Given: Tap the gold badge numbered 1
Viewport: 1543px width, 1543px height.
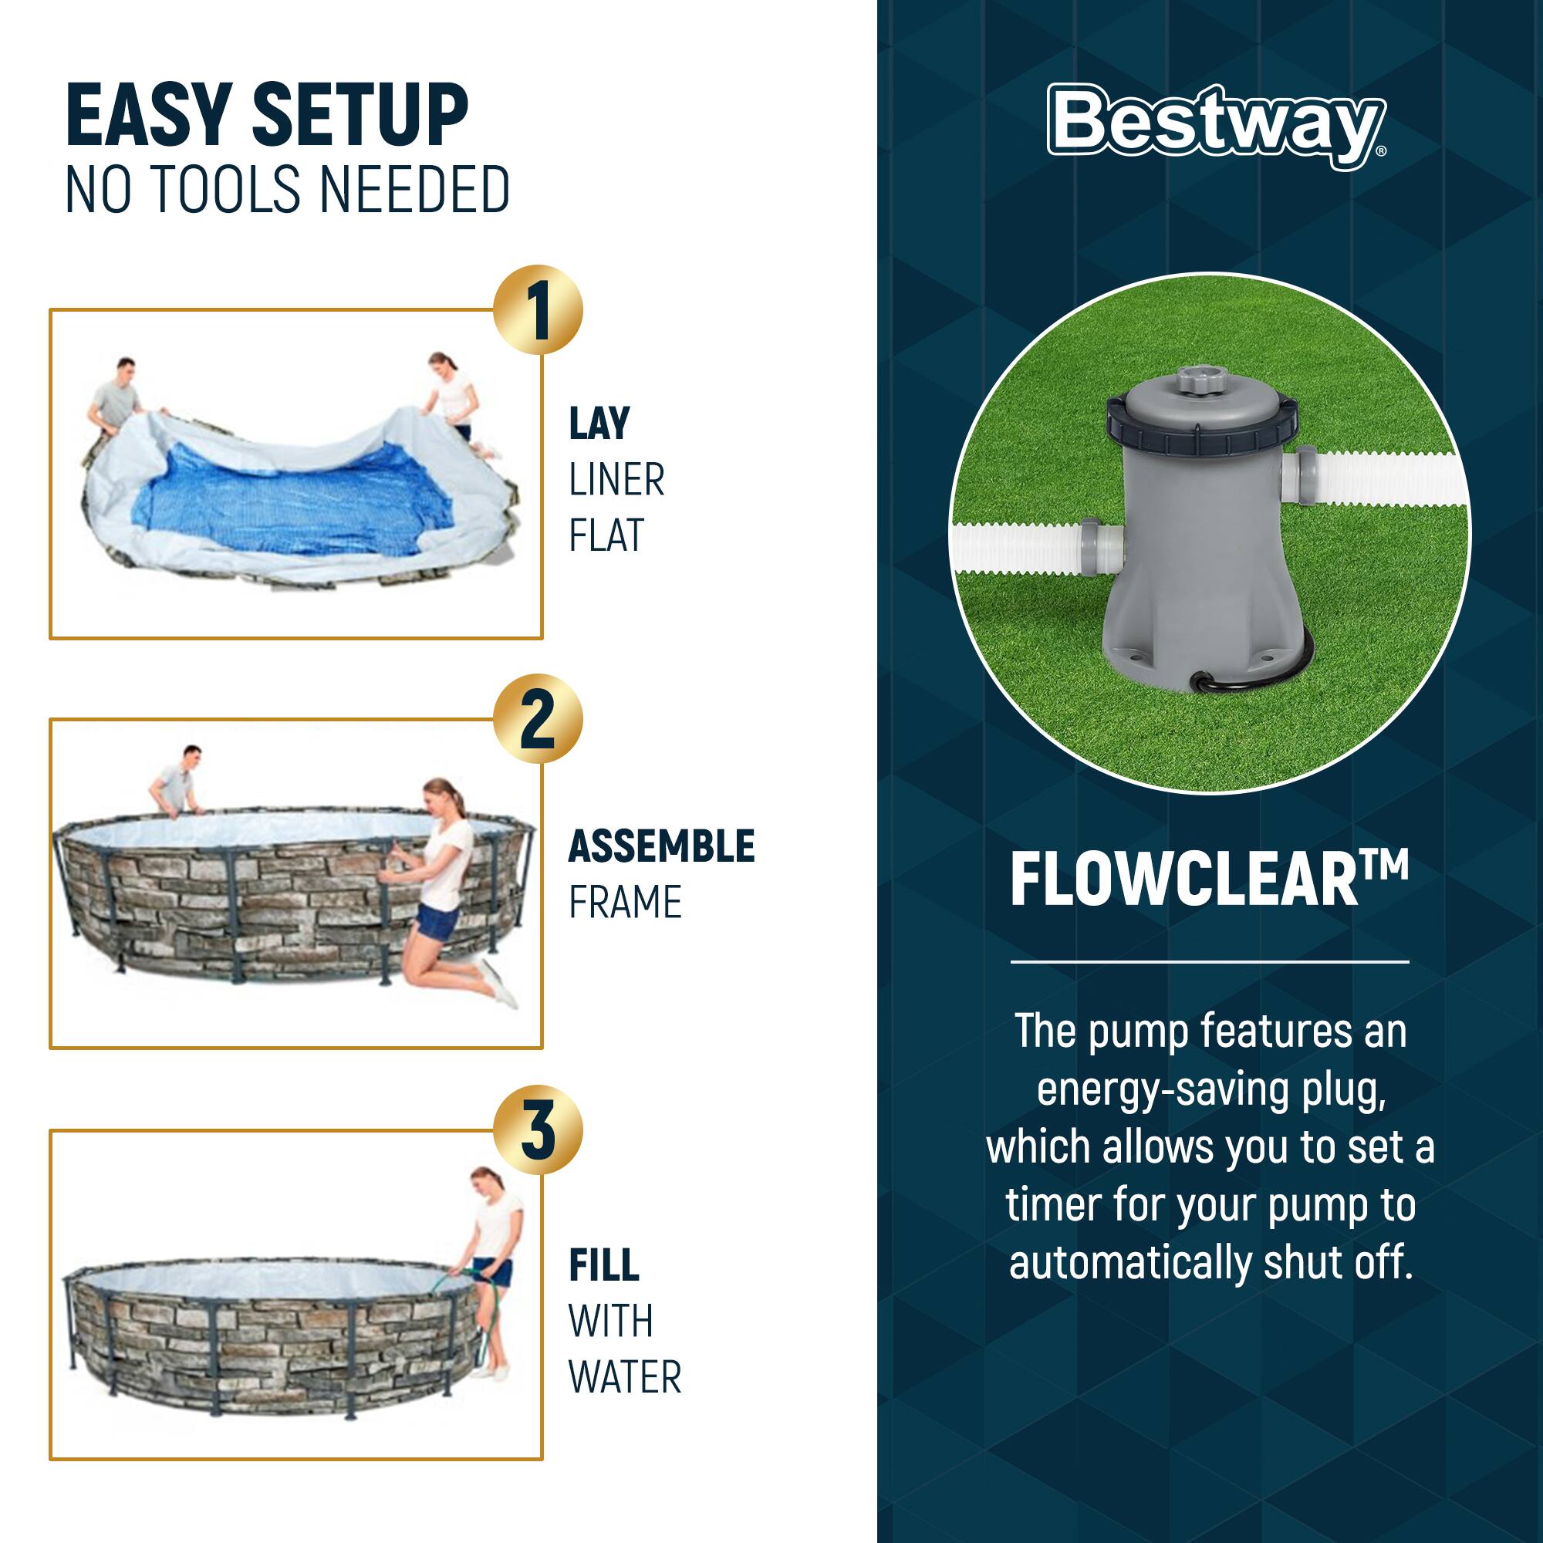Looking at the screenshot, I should pos(538,310).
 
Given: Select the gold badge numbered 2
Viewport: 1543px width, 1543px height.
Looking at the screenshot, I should pos(538,719).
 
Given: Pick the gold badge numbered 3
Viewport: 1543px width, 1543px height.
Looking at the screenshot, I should pos(538,1129).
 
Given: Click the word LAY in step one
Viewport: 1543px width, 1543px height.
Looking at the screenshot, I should pos(599,424).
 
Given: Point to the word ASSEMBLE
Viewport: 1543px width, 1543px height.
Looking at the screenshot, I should pos(660,846).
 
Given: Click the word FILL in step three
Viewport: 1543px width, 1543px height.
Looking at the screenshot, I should pos(604,1265).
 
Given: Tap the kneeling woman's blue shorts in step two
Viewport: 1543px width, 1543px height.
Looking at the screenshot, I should pos(437,920).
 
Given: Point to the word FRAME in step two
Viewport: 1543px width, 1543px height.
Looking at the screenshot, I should pos(625,903).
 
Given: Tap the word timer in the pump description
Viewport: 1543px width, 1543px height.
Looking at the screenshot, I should pos(1052,1205).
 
